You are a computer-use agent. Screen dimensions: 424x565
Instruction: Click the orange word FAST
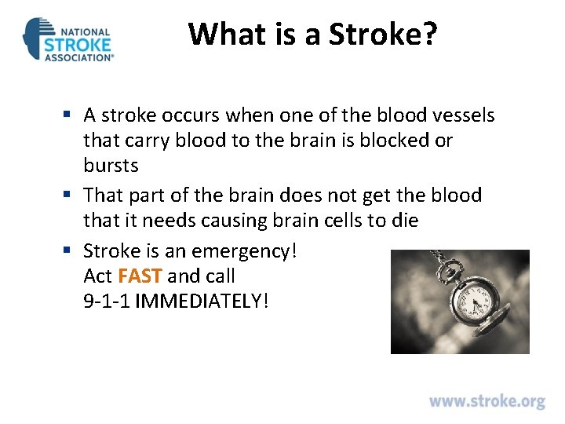click(140, 276)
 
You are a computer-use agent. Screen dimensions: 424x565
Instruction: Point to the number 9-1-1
click(107, 301)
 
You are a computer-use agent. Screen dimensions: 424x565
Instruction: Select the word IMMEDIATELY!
click(202, 301)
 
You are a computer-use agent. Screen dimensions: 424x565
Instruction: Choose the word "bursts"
click(111, 166)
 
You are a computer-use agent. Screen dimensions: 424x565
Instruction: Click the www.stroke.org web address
click(487, 401)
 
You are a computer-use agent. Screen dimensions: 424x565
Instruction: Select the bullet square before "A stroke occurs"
click(71, 115)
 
